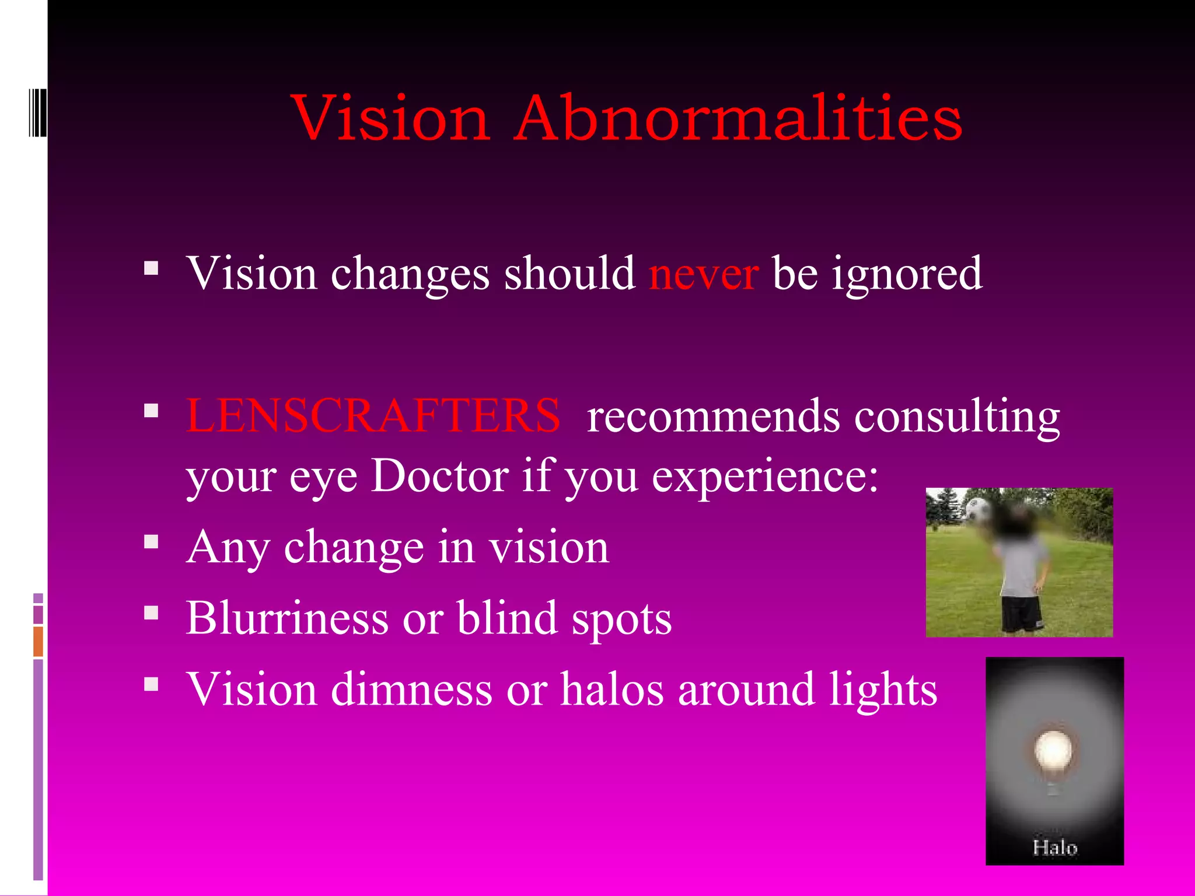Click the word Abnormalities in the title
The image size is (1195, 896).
(x=738, y=118)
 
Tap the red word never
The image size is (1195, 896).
(x=704, y=274)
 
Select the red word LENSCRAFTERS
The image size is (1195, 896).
(x=373, y=416)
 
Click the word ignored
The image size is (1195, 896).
(x=907, y=274)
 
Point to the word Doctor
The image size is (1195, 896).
(x=440, y=476)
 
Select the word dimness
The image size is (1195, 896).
(x=411, y=689)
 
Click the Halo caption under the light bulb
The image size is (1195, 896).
(x=1054, y=847)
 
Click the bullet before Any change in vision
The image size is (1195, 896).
(x=151, y=542)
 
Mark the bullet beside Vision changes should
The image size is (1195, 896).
(x=151, y=268)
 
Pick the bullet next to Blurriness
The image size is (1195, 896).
(x=151, y=612)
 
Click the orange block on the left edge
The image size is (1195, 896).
(x=38, y=641)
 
